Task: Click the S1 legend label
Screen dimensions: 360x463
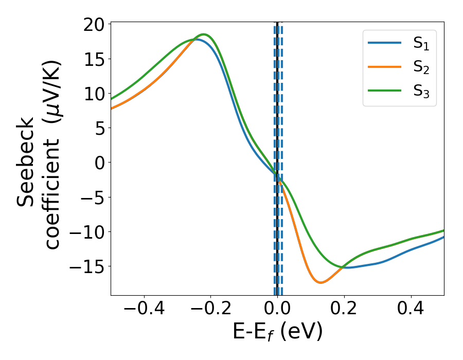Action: point(421,44)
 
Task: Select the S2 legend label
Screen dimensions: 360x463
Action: point(421,67)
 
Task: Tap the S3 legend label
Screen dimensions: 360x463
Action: point(421,91)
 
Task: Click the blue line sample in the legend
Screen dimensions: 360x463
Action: point(384,43)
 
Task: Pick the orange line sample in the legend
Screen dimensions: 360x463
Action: point(384,67)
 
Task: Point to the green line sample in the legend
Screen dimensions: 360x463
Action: point(384,91)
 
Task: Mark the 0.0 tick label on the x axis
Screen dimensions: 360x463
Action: point(277,310)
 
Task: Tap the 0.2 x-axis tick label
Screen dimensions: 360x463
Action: point(344,310)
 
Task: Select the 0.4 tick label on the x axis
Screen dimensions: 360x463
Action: point(411,310)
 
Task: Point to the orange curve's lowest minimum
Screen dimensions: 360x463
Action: point(320,282)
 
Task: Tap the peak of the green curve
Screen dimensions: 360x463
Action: point(204,34)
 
